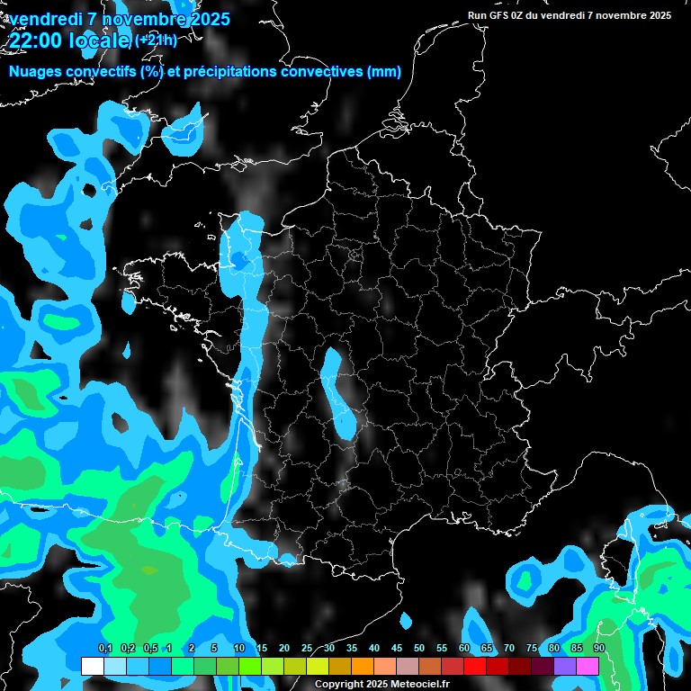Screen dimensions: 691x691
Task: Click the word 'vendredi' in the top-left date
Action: [x=45, y=19]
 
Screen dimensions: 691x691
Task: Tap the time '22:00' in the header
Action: [x=38, y=40]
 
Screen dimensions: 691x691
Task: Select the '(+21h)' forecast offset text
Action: [x=156, y=40]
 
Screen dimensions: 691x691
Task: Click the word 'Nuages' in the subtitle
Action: [x=37, y=72]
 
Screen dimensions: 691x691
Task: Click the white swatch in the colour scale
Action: [x=92, y=666]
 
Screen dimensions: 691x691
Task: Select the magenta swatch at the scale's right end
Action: [x=588, y=666]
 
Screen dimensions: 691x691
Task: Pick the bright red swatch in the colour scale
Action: [x=475, y=666]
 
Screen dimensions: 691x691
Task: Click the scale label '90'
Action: [x=599, y=649]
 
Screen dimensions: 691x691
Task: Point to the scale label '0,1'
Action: [x=104, y=649]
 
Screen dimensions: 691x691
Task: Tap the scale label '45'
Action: [x=397, y=649]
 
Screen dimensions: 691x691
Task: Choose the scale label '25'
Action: [x=307, y=649]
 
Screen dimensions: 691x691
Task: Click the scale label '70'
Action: [x=509, y=649]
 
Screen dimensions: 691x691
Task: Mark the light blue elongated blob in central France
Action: [x=336, y=392]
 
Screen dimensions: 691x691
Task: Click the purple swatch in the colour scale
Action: [x=565, y=666]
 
